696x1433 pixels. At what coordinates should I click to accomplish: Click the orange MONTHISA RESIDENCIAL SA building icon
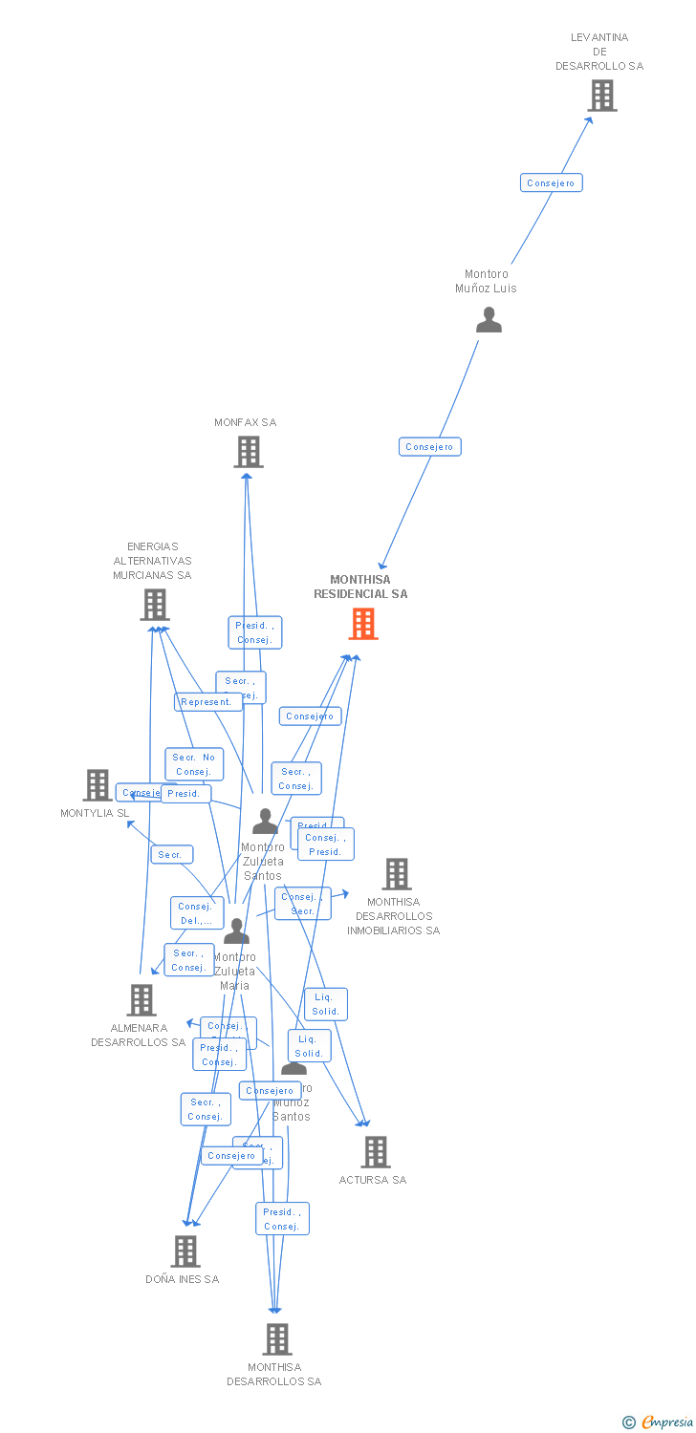click(x=363, y=624)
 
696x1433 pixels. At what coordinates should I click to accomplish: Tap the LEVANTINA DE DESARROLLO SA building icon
click(x=601, y=96)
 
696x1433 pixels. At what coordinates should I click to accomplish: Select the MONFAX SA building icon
click(x=249, y=452)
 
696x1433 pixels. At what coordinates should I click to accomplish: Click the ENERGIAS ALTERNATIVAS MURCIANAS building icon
click(x=155, y=605)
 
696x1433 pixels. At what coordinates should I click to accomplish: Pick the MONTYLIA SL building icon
click(x=98, y=785)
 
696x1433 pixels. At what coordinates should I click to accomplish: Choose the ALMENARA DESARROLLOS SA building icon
click(x=141, y=1000)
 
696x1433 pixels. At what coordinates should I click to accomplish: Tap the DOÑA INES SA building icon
click(x=185, y=1251)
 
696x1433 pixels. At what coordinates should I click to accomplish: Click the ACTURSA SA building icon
click(x=376, y=1152)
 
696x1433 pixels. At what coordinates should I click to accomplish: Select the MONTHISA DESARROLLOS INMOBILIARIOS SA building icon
click(x=396, y=874)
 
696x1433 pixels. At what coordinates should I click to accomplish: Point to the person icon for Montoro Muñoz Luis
click(x=489, y=320)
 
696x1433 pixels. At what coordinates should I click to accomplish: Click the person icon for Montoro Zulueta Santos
click(x=265, y=822)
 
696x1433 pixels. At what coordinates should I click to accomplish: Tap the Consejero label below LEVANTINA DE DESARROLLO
click(x=551, y=182)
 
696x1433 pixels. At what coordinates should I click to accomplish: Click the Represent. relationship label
click(x=207, y=702)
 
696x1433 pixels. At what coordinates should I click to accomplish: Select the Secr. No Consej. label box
click(x=194, y=764)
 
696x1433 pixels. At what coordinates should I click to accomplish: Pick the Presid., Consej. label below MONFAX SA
click(x=255, y=632)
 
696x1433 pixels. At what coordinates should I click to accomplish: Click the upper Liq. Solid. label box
click(x=326, y=1004)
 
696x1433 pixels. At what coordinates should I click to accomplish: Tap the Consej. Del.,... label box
click(x=196, y=913)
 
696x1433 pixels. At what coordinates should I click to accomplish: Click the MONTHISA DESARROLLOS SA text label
click(x=274, y=1375)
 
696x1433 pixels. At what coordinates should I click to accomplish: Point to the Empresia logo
click(x=659, y=1422)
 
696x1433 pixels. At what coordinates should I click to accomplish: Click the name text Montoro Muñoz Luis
click(x=486, y=281)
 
